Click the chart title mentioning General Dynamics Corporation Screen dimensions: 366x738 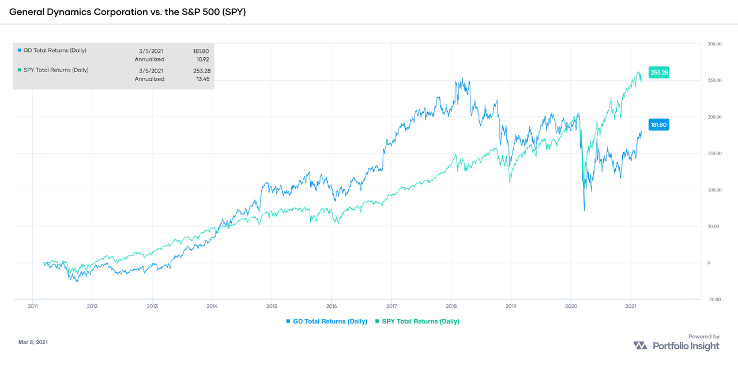pos(127,12)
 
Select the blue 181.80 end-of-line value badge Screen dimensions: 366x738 pos(660,124)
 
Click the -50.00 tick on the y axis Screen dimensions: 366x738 pos(715,299)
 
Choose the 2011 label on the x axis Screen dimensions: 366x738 pos(33,306)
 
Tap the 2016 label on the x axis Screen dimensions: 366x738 pos(332,306)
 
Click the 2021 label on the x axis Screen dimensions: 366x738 pos(630,306)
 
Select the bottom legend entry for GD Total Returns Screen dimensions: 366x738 pos(326,321)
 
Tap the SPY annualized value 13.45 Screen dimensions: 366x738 pos(199,79)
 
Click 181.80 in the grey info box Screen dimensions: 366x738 pos(199,51)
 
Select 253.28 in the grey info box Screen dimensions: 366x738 pos(199,70)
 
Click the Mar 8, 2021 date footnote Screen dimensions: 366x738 pos(33,342)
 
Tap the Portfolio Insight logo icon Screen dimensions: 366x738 pos(640,346)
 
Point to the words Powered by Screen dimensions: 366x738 pos(703,337)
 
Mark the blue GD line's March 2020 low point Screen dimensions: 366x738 pos(584,210)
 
